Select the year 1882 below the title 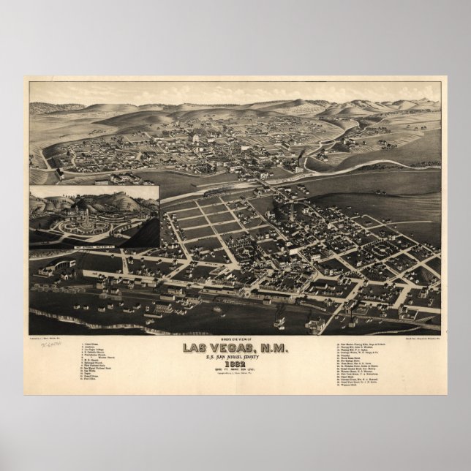[235, 364]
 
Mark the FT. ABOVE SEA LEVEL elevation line [235, 371]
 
